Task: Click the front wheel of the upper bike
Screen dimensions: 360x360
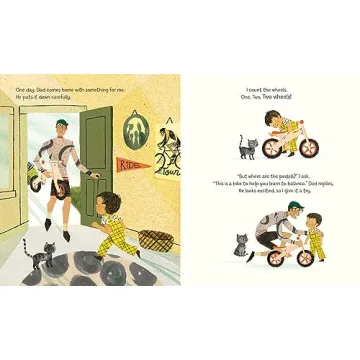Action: click(310, 149)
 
